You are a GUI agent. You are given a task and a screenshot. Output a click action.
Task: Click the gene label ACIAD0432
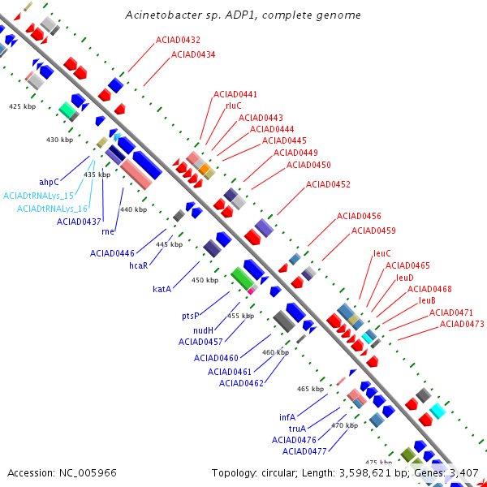178,40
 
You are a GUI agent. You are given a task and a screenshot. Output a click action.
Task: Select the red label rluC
234,106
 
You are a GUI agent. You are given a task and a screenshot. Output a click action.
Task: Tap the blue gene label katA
162,289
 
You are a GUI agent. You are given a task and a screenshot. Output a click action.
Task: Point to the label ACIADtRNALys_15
38,196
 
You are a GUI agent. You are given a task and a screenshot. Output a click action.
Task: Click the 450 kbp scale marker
205,280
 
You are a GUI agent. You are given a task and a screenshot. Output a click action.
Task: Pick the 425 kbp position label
23,106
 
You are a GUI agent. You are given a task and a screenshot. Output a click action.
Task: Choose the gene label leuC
382,253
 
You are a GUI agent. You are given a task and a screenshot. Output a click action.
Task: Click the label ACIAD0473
462,325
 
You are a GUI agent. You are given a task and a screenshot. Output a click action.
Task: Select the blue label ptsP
191,317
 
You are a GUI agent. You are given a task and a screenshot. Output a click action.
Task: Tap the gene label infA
287,417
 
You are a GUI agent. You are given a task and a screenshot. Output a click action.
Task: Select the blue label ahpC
49,183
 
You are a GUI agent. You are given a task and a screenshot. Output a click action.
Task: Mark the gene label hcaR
139,265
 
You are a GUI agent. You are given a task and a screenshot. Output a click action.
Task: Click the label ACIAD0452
328,185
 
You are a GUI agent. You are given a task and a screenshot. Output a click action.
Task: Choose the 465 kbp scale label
311,390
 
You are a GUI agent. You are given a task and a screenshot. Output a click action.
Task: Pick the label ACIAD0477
304,451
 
